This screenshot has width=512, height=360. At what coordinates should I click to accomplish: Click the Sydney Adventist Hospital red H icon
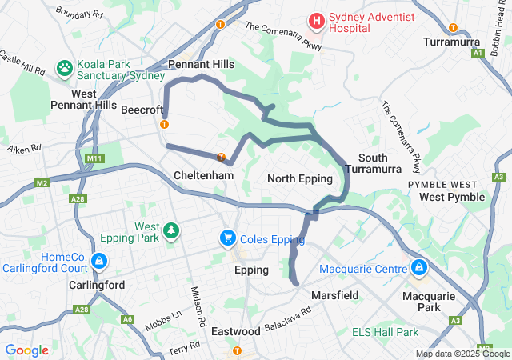pyautogui.click(x=318, y=20)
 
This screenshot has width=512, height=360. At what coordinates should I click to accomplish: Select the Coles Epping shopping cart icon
pyautogui.click(x=228, y=238)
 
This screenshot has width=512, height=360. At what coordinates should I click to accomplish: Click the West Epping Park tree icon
pyautogui.click(x=170, y=231)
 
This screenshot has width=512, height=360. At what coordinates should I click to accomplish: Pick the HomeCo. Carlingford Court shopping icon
pyautogui.click(x=98, y=261)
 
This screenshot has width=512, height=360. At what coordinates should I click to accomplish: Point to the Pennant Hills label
pyautogui.click(x=201, y=64)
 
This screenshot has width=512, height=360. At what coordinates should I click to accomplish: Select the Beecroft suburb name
pyautogui.click(x=142, y=110)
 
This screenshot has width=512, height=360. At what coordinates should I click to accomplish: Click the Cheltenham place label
pyautogui.click(x=203, y=175)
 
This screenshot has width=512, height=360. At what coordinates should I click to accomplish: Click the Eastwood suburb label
pyautogui.click(x=237, y=330)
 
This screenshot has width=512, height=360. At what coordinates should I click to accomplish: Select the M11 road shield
pyautogui.click(x=93, y=158)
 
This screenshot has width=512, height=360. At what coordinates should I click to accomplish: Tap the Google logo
pyautogui.click(x=26, y=350)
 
